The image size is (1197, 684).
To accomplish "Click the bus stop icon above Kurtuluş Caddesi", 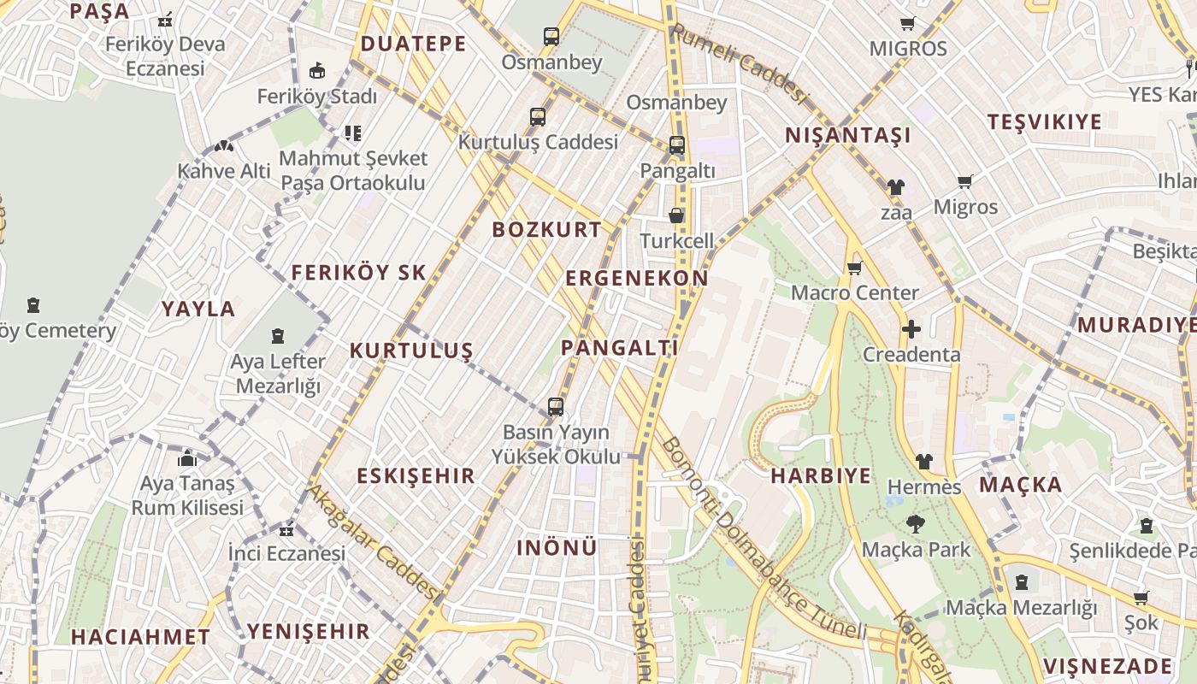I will tap(538, 116).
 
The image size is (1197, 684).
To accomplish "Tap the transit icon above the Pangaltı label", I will tap(676, 145).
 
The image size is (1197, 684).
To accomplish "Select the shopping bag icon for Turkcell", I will tap(676, 215).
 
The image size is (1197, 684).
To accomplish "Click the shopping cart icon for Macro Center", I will tap(854, 268).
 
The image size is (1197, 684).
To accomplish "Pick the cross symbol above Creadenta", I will tap(911, 329).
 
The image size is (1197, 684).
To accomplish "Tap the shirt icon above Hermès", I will tap(923, 462).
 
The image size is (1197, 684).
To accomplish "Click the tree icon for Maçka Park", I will tap(916, 524).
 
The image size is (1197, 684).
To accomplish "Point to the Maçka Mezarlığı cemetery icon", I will tap(1021, 583).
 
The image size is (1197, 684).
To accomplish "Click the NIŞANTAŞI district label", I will tap(848, 135).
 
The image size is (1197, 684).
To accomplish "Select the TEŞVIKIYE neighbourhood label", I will tap(1045, 121).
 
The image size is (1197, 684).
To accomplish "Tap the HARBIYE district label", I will tap(821, 476).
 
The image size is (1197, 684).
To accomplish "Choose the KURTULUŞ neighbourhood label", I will tap(411, 351).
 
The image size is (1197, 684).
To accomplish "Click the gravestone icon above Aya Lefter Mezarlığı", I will tap(278, 336).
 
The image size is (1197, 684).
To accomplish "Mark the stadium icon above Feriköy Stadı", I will tap(317, 70).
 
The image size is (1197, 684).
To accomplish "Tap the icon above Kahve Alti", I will tap(224, 146).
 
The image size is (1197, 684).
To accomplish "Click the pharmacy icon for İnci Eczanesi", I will tap(286, 529).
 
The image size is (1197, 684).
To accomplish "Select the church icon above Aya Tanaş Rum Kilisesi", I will tap(187, 459).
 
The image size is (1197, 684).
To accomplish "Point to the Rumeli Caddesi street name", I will tap(739, 64).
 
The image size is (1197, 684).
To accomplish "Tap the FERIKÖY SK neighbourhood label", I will tap(358, 273).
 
